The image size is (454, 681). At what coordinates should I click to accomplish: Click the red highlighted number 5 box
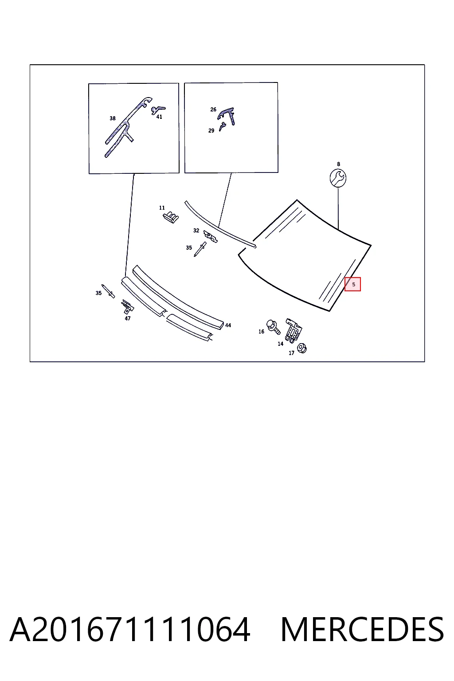pyautogui.click(x=352, y=284)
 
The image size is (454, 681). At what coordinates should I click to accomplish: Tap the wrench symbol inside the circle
pyautogui.click(x=338, y=178)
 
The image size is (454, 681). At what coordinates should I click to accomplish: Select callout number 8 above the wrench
pyautogui.click(x=338, y=164)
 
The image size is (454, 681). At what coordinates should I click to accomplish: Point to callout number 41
pyautogui.click(x=159, y=117)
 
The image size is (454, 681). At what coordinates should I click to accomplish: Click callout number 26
pyautogui.click(x=213, y=110)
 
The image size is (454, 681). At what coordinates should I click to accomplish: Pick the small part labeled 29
pyautogui.click(x=222, y=126)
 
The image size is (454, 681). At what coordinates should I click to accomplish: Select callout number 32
pyautogui.click(x=196, y=231)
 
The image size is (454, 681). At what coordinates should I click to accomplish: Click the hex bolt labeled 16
pyautogui.click(x=273, y=327)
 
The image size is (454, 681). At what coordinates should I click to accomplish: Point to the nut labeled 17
pyautogui.click(x=302, y=348)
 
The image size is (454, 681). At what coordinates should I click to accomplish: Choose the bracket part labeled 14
pyautogui.click(x=293, y=330)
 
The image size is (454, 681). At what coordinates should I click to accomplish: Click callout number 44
pyautogui.click(x=228, y=325)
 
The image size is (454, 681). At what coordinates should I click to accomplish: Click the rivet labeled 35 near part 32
pyautogui.click(x=200, y=249)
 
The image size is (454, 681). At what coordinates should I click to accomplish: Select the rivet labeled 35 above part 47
pyautogui.click(x=108, y=291)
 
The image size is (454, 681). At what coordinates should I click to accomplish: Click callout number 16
pyautogui.click(x=261, y=332)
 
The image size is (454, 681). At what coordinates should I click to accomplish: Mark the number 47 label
pyautogui.click(x=128, y=318)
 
